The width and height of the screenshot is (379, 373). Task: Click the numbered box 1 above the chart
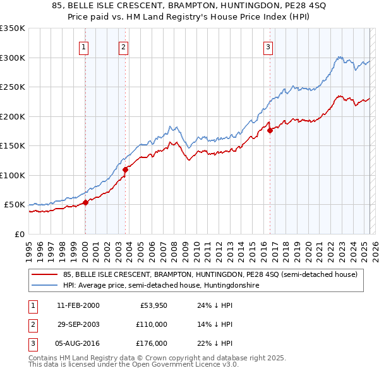[x=84, y=46]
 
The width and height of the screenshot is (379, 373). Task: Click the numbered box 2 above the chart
[x=124, y=46]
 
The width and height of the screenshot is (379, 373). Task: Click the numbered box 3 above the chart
[x=268, y=46]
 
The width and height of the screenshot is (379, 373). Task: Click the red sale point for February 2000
[x=85, y=203]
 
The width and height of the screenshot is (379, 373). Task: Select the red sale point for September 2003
[x=126, y=169]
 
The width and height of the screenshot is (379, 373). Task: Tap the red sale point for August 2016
[x=270, y=131]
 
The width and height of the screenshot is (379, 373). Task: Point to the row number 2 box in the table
[x=31, y=324]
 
